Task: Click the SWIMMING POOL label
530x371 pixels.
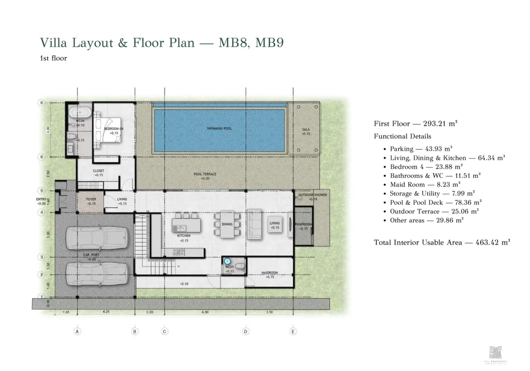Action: click(220, 129)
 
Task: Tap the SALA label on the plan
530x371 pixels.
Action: click(306, 129)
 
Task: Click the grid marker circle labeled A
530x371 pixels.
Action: click(77, 331)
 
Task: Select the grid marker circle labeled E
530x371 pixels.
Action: click(293, 331)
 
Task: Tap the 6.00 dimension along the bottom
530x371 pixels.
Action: click(205, 312)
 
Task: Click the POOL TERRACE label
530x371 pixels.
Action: click(205, 174)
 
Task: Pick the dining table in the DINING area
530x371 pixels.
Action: click(227, 224)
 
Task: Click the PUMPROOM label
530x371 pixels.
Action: click(303, 225)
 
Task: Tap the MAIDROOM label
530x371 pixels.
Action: click(269, 273)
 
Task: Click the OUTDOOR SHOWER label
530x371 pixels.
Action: click(312, 194)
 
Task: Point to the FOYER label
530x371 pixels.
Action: click(91, 199)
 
